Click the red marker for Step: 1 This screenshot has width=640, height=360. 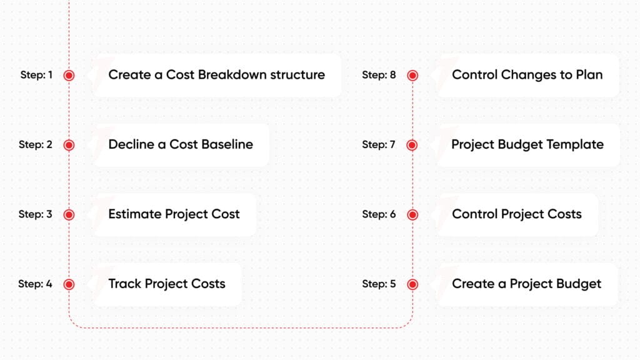tap(69, 76)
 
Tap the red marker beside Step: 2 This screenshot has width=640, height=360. tap(69, 145)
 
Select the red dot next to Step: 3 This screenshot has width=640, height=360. tap(69, 215)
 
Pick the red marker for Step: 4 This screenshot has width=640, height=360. tap(69, 284)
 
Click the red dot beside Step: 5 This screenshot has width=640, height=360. tap(412, 284)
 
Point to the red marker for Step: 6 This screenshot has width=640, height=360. tap(412, 215)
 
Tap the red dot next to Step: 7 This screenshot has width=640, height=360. tap(412, 145)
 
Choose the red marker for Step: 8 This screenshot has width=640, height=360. tap(412, 76)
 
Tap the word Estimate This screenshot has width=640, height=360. tap(135, 214)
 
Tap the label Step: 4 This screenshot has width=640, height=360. tap(35, 284)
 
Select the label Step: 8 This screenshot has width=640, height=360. tap(379, 75)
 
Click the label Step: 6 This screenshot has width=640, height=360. tap(379, 214)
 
